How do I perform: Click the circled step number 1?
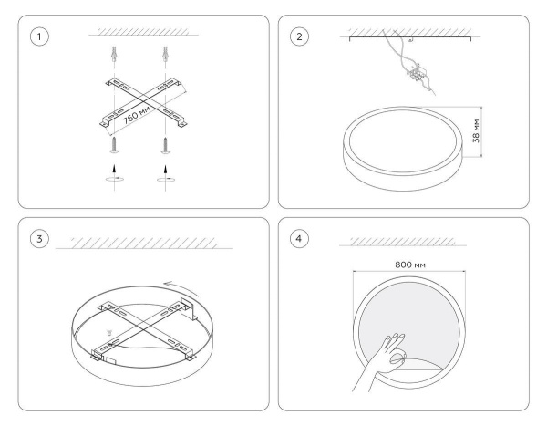(39, 36)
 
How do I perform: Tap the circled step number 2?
(299, 36)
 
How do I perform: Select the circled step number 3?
(39, 239)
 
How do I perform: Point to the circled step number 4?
(299, 239)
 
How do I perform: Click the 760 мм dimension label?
(137, 115)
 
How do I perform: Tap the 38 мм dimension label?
(476, 131)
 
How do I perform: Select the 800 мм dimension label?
(410, 265)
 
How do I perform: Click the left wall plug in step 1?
(115, 54)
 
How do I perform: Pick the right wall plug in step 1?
(165, 54)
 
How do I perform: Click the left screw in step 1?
(115, 145)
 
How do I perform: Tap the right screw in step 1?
(166, 145)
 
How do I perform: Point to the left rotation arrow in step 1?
(115, 179)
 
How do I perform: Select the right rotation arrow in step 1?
(166, 179)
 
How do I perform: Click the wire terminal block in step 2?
(417, 74)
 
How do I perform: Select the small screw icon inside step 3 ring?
(109, 332)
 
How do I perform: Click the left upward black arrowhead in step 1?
(114, 169)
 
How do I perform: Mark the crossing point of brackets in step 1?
(143, 101)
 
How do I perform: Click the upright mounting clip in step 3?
(187, 309)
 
